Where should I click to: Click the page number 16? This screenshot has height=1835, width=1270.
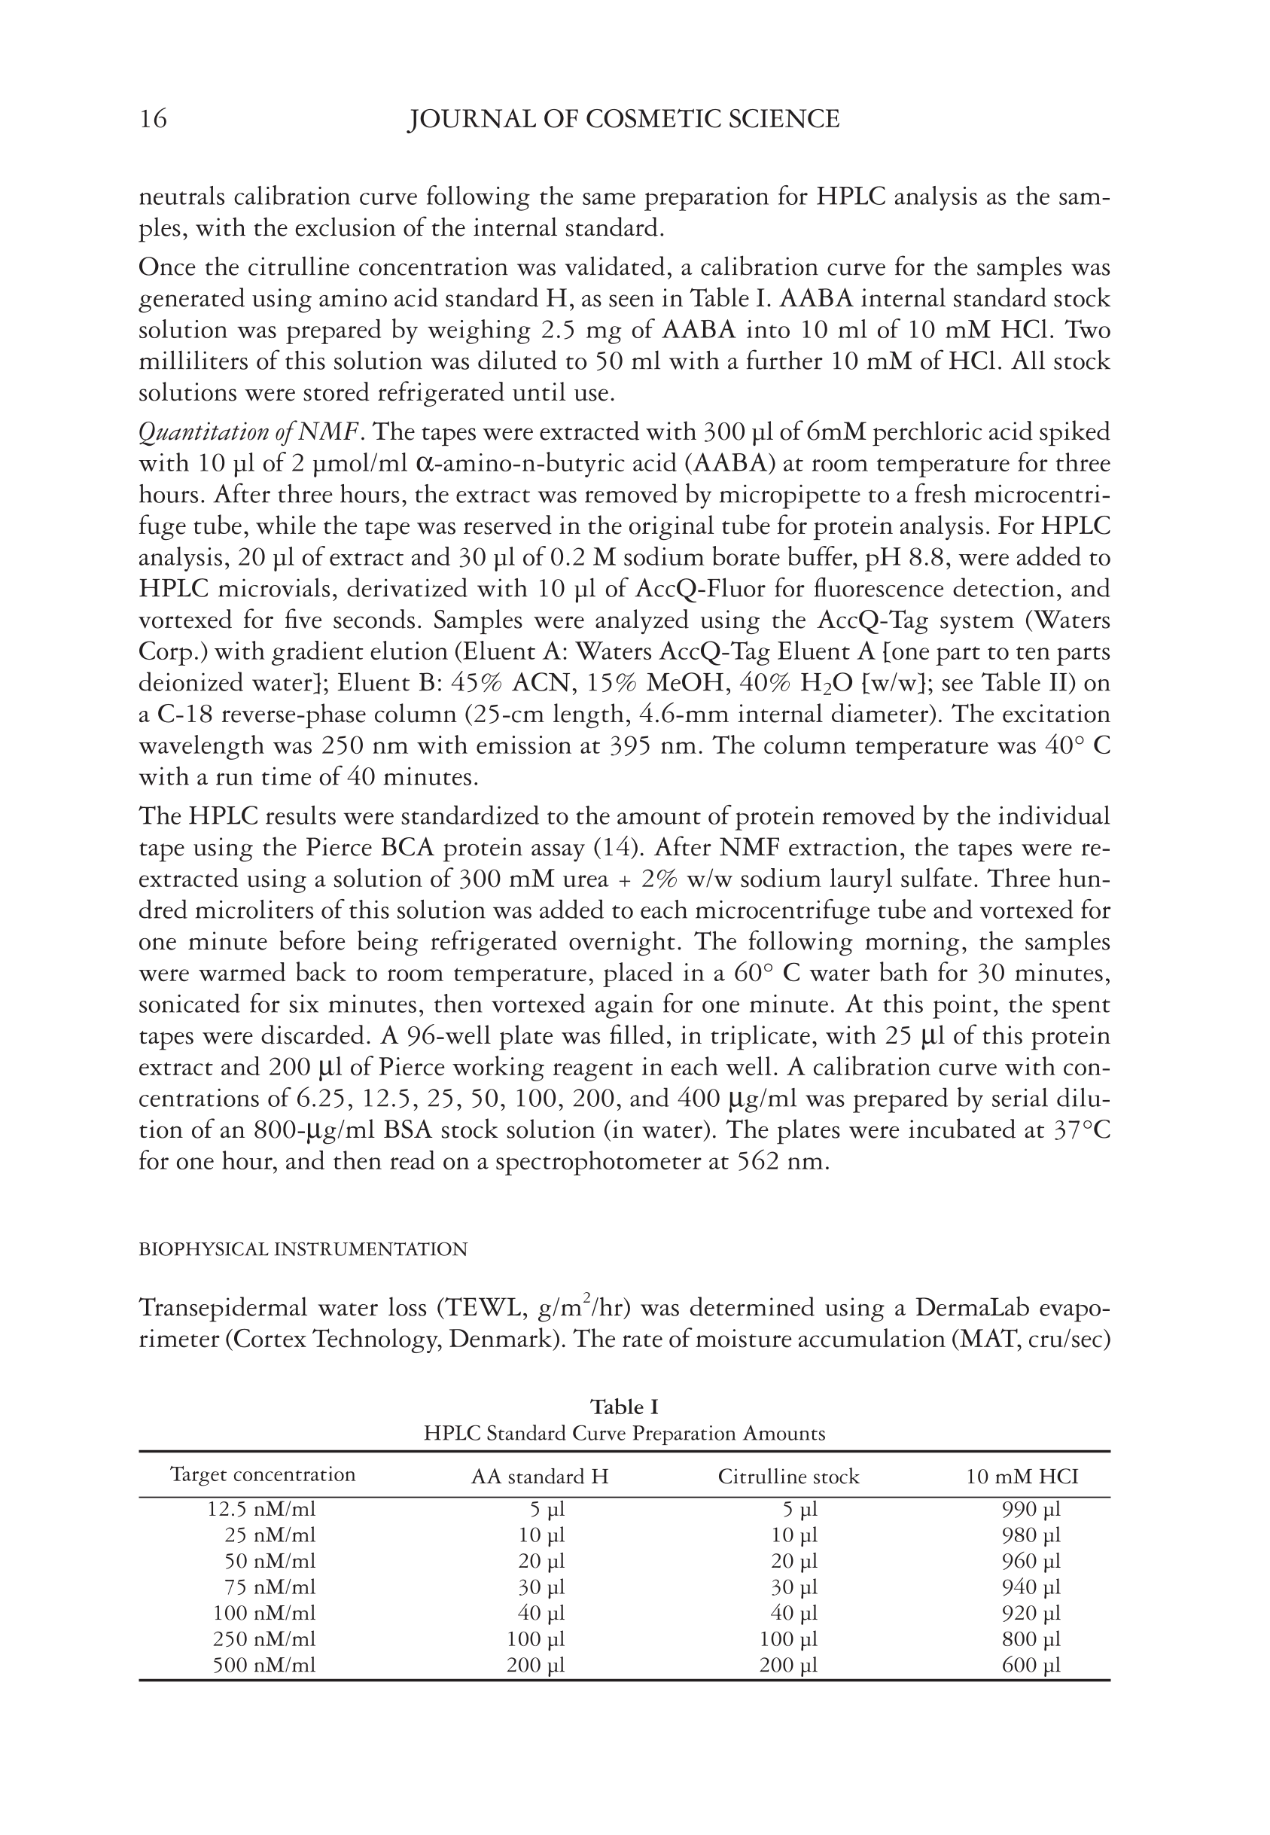(154, 120)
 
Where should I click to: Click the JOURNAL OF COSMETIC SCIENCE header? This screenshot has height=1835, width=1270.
(623, 120)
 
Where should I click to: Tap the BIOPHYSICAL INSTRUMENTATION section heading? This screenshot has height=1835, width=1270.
(303, 1249)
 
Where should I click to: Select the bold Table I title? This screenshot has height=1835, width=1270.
(624, 1407)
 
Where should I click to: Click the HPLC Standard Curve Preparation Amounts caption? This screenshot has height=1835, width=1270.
(624, 1434)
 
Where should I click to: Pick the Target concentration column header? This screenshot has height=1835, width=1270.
(263, 1474)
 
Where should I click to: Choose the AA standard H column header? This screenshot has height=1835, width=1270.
(540, 1477)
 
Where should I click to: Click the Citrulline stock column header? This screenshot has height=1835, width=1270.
(789, 1477)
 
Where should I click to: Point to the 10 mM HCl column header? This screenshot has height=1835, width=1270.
(1022, 1477)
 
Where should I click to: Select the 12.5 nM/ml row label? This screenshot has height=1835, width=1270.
(262, 1509)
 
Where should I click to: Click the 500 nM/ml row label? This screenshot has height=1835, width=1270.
(263, 1666)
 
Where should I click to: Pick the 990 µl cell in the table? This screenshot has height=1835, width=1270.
(1031, 1509)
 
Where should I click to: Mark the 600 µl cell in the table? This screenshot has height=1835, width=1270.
(1031, 1666)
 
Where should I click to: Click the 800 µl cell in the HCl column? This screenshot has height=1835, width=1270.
(1031, 1639)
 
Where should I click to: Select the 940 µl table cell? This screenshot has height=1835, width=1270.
(1031, 1587)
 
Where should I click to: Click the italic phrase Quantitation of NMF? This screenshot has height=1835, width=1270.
(251, 433)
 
